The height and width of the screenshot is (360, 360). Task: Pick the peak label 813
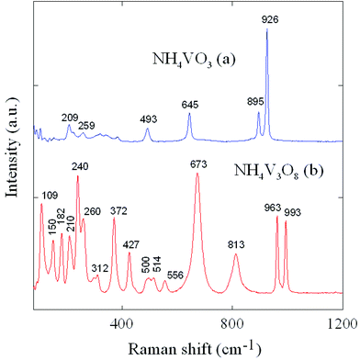click(x=236, y=244)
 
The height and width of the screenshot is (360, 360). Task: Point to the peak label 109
click(x=50, y=195)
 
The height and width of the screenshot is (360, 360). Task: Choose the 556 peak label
click(x=174, y=275)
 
